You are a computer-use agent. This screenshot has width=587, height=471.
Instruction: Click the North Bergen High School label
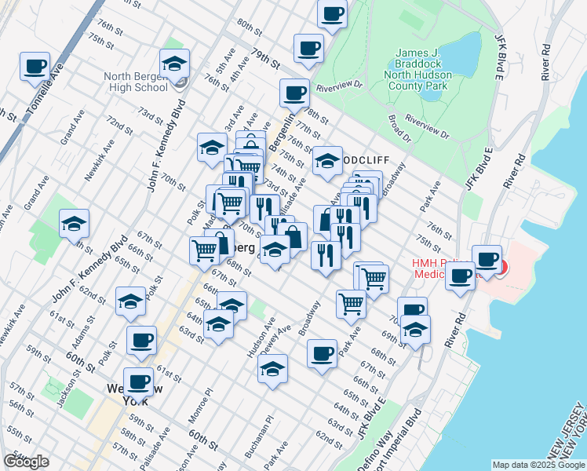coord(135,82)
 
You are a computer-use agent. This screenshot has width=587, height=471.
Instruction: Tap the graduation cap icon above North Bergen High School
coord(174,64)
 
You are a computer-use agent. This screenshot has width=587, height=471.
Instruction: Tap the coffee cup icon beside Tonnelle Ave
coord(35,67)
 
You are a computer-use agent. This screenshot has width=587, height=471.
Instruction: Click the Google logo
coord(26,462)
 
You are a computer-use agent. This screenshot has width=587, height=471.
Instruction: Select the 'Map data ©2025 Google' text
coord(538,465)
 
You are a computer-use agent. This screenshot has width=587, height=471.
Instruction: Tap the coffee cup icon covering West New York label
coord(138,382)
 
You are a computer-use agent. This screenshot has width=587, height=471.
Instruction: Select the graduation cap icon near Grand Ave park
coord(74,224)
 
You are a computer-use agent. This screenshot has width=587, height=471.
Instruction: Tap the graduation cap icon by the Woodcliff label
coord(327,162)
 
